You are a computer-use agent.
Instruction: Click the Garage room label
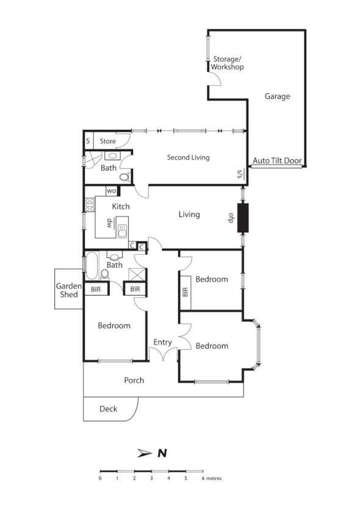click(277, 96)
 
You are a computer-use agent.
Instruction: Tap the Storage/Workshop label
click(228, 63)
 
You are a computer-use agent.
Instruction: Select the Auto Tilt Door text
click(277, 161)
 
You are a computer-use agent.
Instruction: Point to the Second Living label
click(188, 157)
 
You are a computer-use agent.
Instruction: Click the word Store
click(108, 141)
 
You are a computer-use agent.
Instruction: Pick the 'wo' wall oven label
click(112, 191)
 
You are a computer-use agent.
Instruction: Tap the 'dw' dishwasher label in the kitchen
click(110, 222)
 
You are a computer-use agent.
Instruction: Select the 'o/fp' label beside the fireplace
click(232, 217)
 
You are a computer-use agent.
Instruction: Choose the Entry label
click(162, 342)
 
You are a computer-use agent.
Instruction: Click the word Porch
click(134, 380)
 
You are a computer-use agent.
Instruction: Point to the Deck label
click(108, 408)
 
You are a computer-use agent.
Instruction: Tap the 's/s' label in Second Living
click(240, 174)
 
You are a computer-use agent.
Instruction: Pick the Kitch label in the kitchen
click(121, 207)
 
